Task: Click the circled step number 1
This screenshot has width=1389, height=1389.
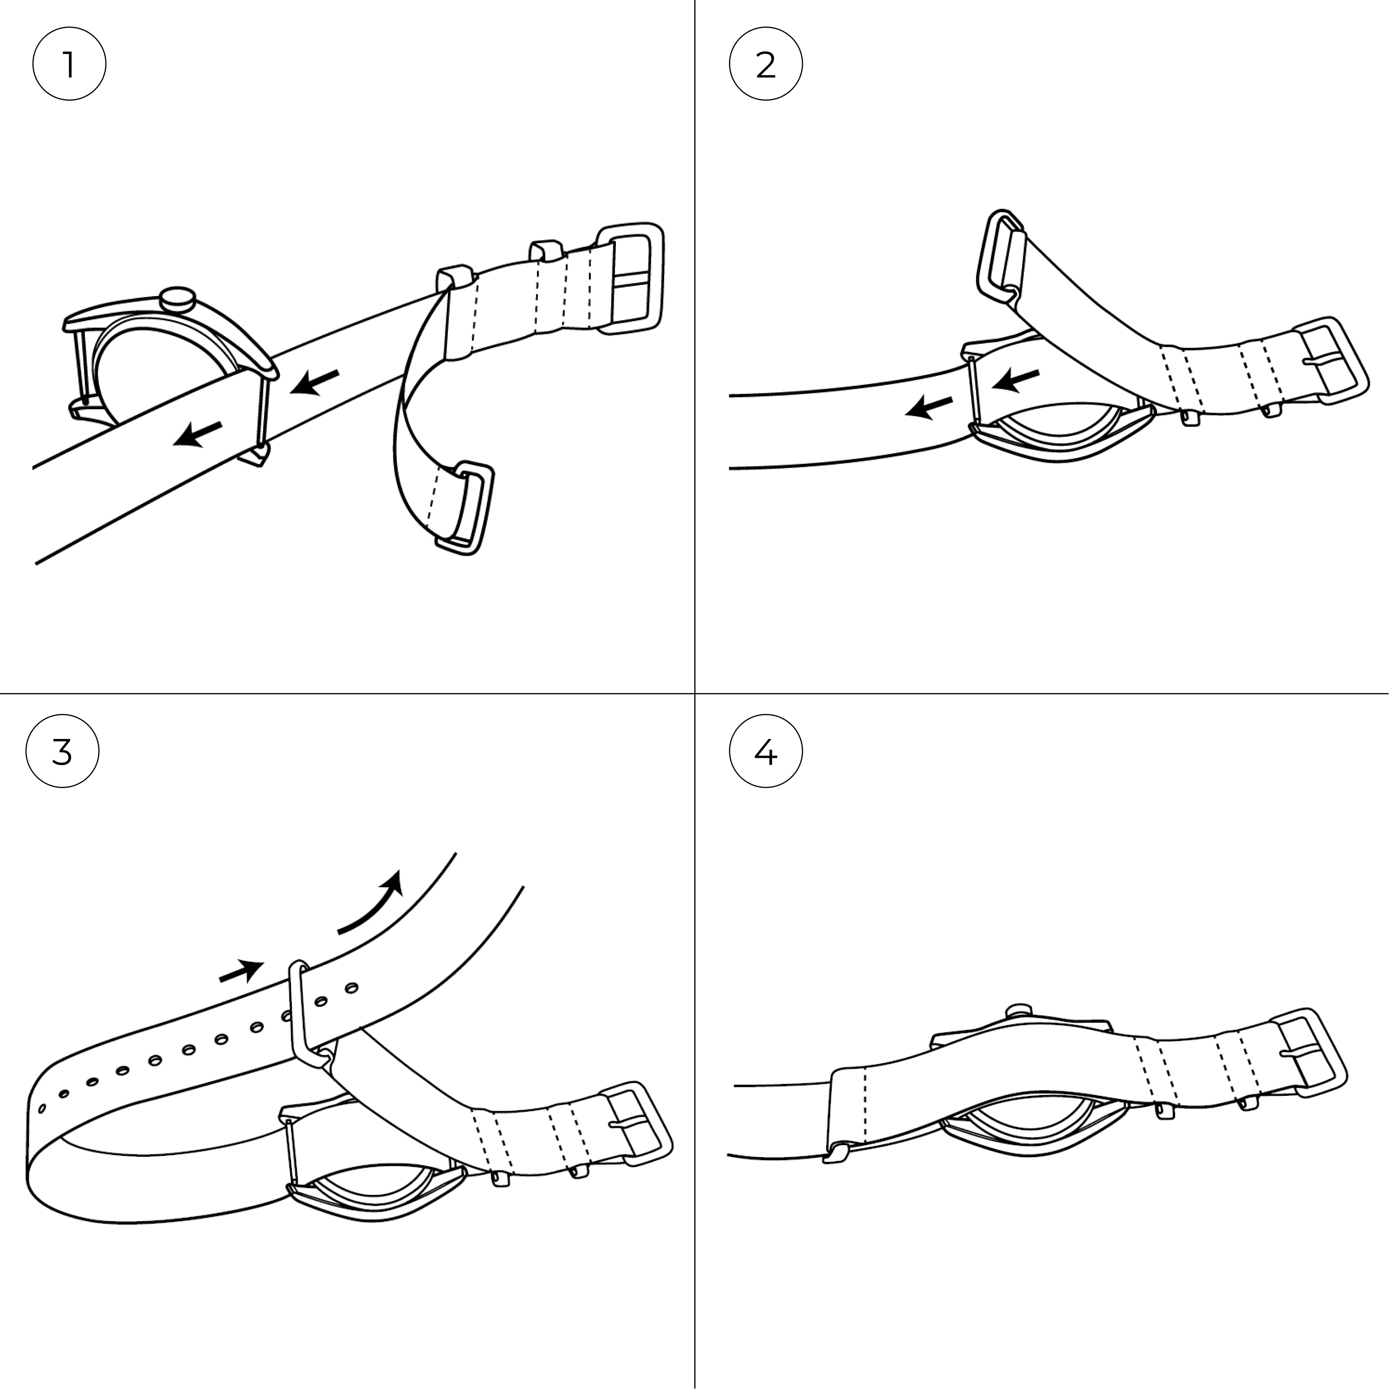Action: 69,64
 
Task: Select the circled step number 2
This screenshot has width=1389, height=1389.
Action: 766,64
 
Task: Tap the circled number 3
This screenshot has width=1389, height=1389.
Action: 63,751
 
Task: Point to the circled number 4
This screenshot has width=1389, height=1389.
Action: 766,751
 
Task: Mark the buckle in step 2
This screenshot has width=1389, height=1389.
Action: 1332,360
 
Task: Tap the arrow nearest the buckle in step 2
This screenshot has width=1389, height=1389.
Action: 1015,380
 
